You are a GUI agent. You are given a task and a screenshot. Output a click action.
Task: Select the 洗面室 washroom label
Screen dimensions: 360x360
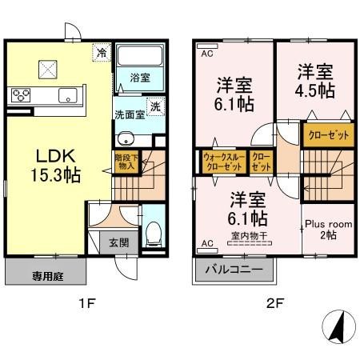coord(127,114)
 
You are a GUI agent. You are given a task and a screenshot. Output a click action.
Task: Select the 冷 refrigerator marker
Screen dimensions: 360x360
coord(102,52)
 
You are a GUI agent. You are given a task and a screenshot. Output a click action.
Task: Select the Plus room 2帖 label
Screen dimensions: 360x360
coord(326,230)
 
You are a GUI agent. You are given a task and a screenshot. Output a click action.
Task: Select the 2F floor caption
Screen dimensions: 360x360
coord(273,303)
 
